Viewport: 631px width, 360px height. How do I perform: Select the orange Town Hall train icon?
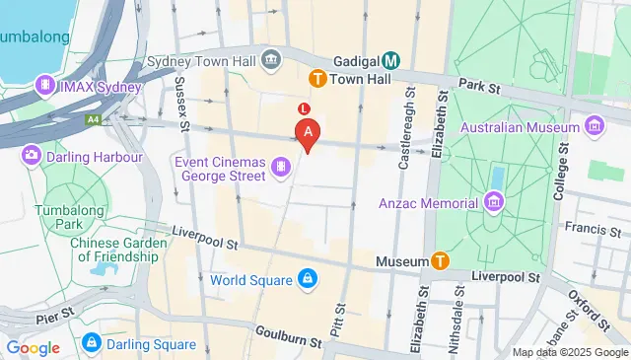[317, 78]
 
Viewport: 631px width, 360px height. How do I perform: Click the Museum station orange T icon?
[440, 261]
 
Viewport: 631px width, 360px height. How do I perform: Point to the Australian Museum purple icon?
[594, 126]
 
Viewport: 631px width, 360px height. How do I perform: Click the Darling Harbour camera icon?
[33, 155]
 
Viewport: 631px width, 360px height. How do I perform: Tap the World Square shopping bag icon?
[308, 280]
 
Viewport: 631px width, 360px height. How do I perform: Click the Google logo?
[33, 347]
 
